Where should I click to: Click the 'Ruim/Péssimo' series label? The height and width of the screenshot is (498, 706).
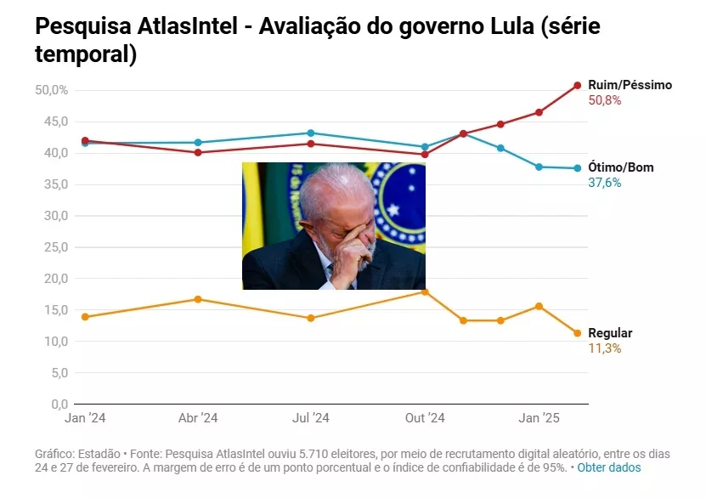630,85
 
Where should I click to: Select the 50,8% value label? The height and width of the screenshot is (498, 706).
605,100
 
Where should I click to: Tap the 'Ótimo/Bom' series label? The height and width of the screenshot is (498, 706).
621,167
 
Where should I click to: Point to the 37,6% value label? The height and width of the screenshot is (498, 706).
605,183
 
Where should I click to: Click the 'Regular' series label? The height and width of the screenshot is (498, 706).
610,333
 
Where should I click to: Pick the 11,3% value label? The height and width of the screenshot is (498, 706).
605,348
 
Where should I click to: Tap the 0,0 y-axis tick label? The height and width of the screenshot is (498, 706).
56,405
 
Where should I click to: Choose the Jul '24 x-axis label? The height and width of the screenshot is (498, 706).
311,418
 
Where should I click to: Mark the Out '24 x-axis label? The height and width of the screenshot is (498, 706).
425,418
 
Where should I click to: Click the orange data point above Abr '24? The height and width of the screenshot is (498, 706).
198,299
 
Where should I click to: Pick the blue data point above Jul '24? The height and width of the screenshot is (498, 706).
311,133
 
